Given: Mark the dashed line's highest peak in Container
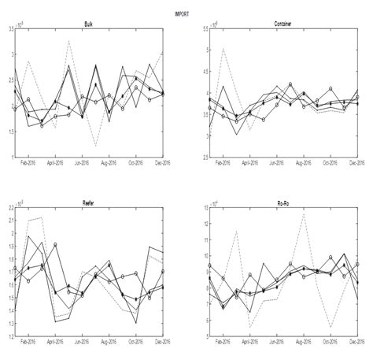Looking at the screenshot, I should click(223, 49).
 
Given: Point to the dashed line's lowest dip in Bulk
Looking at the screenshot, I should click(95, 147).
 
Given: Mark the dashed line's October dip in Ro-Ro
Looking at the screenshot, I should click(331, 326).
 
